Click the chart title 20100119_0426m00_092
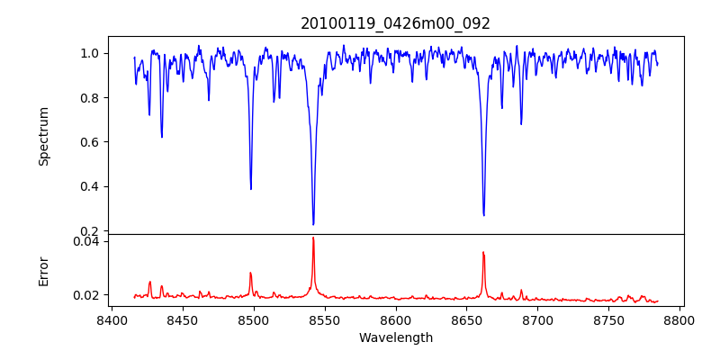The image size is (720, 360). [395, 23]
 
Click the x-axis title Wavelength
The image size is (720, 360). [395, 337]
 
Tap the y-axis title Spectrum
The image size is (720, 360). [43, 136]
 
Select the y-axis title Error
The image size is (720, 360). [43, 271]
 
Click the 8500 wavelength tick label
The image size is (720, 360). [253, 319]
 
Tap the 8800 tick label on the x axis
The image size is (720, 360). [679, 319]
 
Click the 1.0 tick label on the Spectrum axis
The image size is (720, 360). [89, 53]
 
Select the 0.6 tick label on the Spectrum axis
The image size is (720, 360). [89, 142]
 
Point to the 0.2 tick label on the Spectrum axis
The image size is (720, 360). [89, 231]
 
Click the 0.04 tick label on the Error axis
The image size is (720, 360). [85, 241]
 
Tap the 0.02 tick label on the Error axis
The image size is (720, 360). [85, 295]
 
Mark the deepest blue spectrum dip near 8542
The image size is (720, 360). [313, 224]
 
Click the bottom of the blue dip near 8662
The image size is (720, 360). [483, 215]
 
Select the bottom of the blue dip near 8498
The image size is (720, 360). [251, 189]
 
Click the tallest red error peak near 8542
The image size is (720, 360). [313, 238]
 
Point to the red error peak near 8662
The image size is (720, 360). [483, 252]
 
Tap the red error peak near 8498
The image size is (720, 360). [250, 273]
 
